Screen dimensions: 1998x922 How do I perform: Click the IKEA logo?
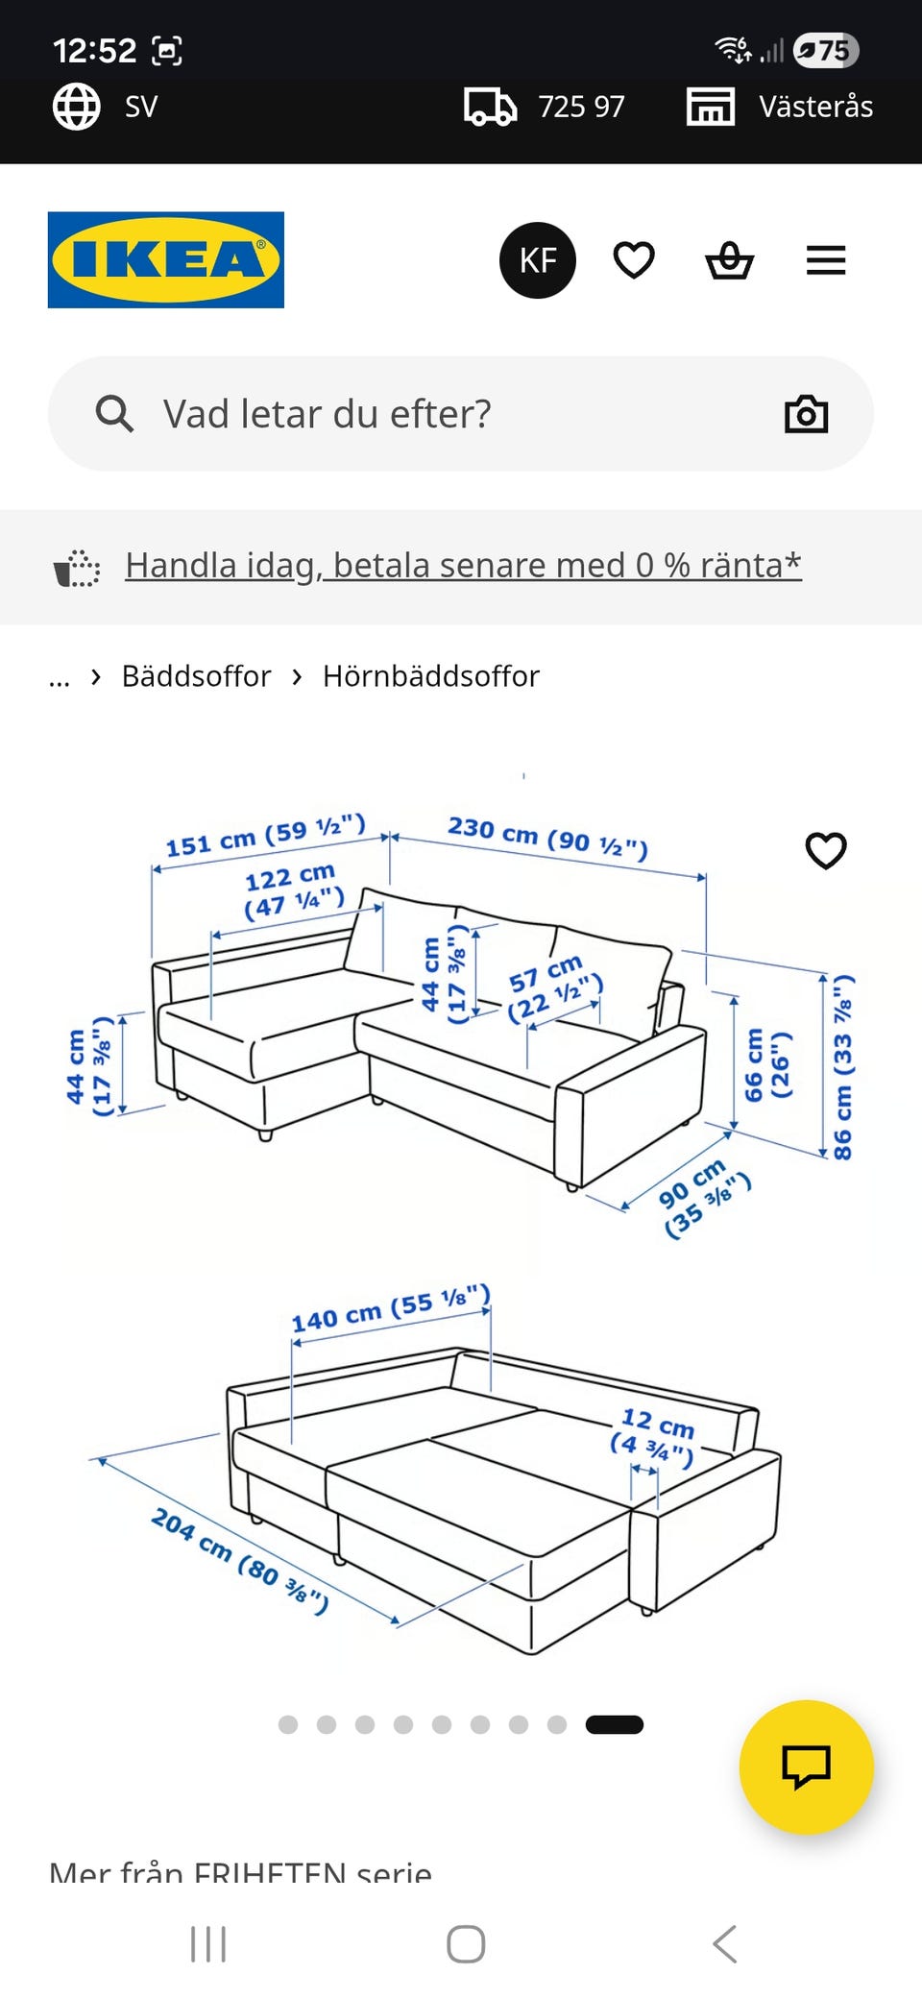click(x=165, y=259)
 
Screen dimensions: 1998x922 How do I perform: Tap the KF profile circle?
click(x=537, y=260)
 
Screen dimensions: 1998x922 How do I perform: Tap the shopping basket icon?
click(x=729, y=260)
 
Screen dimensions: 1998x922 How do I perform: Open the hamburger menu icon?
click(x=825, y=260)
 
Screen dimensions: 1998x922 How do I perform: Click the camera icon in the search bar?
click(x=806, y=414)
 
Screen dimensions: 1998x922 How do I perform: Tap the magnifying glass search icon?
click(x=114, y=414)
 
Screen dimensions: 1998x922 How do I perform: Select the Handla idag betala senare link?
click(x=463, y=565)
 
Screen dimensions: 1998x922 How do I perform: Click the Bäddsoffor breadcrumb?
click(x=196, y=676)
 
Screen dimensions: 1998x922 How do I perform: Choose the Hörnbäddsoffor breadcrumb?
click(x=430, y=676)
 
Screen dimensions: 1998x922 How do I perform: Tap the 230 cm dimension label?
click(x=547, y=837)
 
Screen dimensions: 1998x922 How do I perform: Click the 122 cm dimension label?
click(x=292, y=889)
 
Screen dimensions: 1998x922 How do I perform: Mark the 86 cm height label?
click(x=841, y=1066)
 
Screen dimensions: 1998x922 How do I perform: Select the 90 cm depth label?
click(x=703, y=1197)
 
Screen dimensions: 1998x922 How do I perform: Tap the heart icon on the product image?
click(x=825, y=850)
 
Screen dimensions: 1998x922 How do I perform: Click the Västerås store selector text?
click(x=815, y=107)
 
